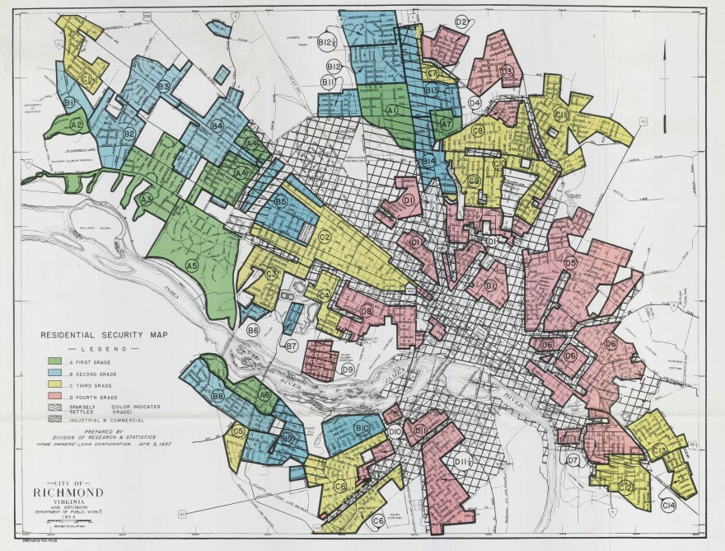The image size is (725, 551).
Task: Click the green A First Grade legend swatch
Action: (55, 362)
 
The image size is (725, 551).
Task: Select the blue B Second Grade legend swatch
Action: (55, 374)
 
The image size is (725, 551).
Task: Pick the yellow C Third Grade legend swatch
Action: (55, 385)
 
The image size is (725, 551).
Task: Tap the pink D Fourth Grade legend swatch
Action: (55, 397)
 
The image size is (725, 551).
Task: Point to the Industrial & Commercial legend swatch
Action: (55, 420)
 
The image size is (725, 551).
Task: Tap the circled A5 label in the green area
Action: (191, 266)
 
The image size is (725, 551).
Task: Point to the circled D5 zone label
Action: (570, 262)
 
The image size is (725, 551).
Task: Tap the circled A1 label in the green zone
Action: (392, 110)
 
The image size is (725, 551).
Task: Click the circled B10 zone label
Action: (362, 428)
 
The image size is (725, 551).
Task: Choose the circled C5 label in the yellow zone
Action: (239, 431)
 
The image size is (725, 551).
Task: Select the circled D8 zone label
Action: (366, 310)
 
